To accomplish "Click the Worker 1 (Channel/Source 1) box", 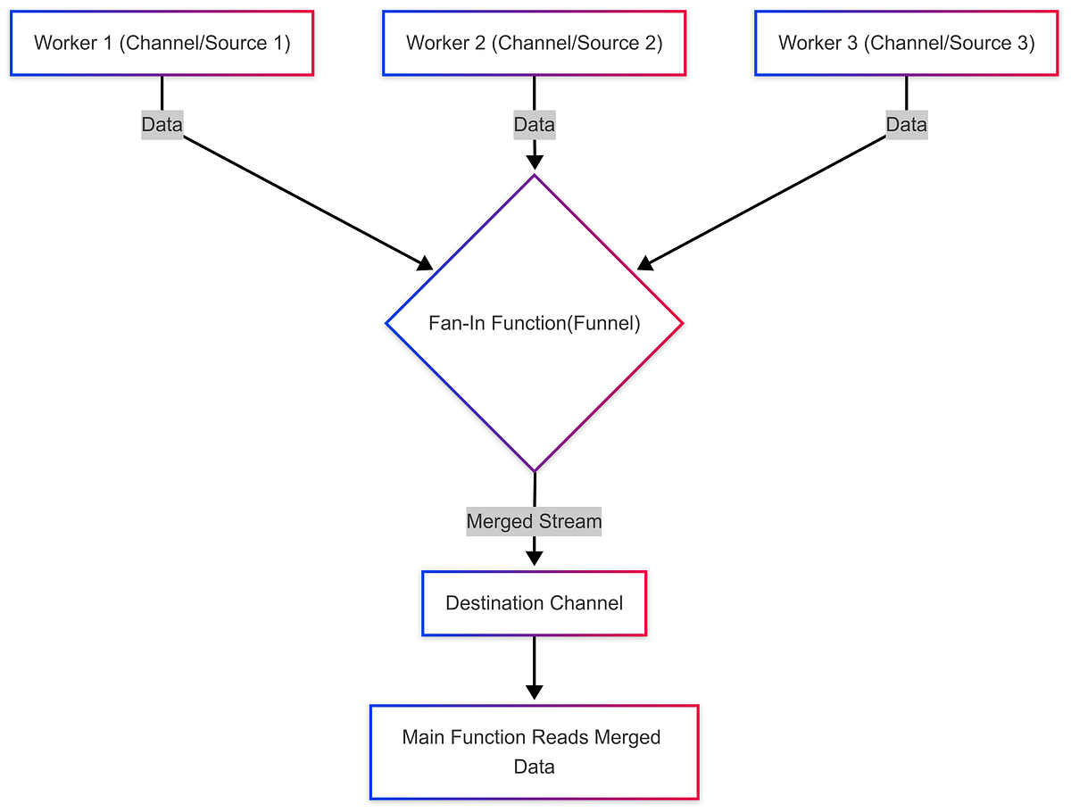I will point(162,43).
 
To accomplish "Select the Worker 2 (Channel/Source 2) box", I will point(534,43).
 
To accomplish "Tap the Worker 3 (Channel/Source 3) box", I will point(906,43).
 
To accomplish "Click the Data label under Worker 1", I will point(162,125).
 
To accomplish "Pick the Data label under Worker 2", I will point(534,125).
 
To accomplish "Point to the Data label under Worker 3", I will point(906,125).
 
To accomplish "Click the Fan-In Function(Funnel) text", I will point(534,323).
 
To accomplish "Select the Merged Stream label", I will point(534,521).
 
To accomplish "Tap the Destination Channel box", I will point(534,603).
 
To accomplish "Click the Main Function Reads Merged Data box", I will point(534,752).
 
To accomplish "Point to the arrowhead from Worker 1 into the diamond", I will point(426,263).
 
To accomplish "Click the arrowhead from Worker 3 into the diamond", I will point(643,263).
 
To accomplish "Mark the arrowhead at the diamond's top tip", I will point(534,162).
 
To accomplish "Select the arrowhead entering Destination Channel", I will point(534,559).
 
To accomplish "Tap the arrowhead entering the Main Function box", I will point(534,692).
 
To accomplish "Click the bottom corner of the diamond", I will point(534,470).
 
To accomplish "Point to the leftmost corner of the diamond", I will point(386,323).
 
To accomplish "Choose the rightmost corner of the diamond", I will point(683,323).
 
